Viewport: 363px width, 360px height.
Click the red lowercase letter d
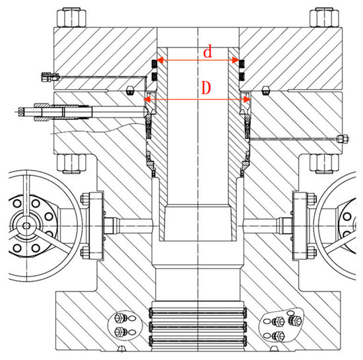tap(207, 51)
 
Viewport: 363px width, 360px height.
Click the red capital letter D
tap(206, 88)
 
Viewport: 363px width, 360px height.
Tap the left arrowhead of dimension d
tap(160, 61)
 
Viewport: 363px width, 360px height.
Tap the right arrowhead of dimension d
tap(236, 61)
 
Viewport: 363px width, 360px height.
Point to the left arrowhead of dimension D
tap(147, 100)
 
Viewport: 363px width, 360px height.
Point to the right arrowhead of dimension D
tap(247, 100)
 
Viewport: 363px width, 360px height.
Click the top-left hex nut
tap(71, 17)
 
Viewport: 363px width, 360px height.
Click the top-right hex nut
tap(324, 17)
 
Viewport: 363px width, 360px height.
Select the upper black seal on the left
tap(154, 64)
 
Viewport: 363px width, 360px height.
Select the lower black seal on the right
tap(242, 76)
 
